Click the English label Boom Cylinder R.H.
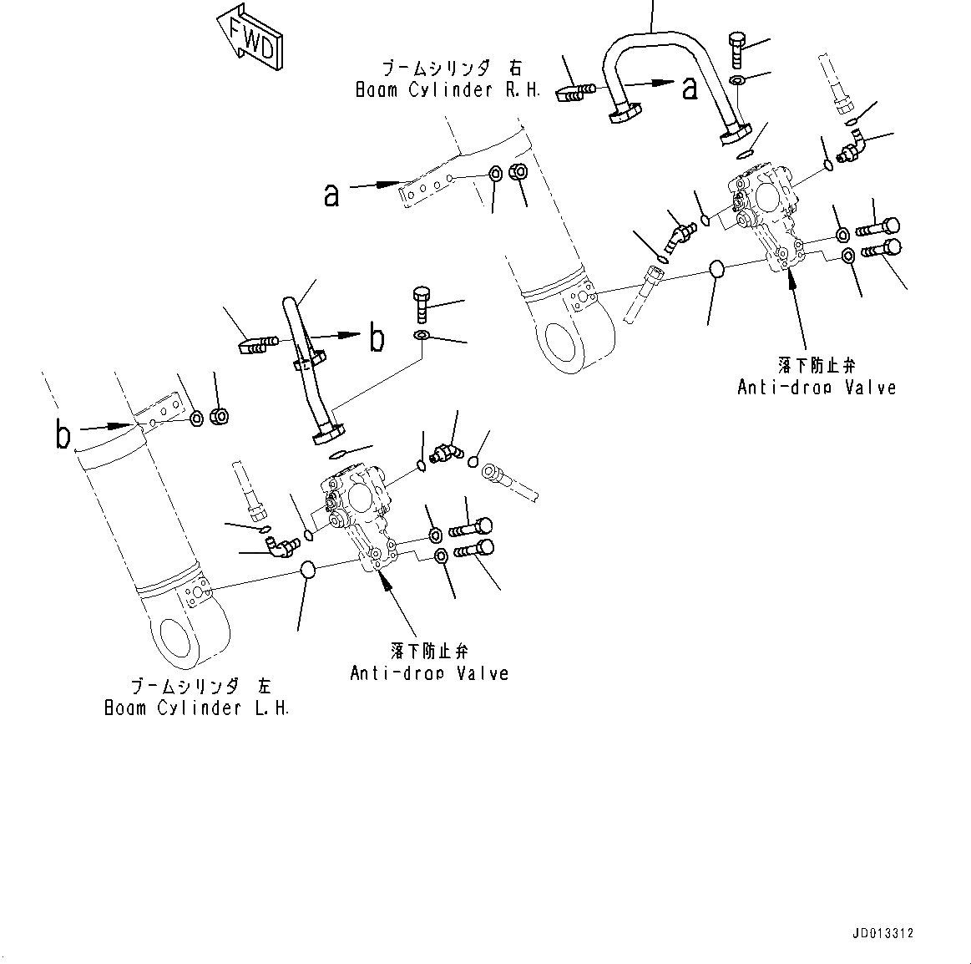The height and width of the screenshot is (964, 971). [448, 90]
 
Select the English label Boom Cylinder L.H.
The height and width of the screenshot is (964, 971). [196, 708]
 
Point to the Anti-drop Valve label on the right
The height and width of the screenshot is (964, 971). [816, 387]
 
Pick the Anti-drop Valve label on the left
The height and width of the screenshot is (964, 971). [429, 672]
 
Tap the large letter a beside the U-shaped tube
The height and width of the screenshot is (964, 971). [689, 86]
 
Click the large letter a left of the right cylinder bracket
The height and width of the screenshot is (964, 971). [332, 195]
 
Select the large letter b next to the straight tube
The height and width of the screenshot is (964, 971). [377, 338]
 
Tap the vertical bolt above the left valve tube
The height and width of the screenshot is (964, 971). [422, 304]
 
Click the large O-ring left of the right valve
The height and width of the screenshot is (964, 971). [716, 269]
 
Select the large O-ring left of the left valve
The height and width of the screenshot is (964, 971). [307, 571]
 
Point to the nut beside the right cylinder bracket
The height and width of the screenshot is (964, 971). [517, 172]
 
